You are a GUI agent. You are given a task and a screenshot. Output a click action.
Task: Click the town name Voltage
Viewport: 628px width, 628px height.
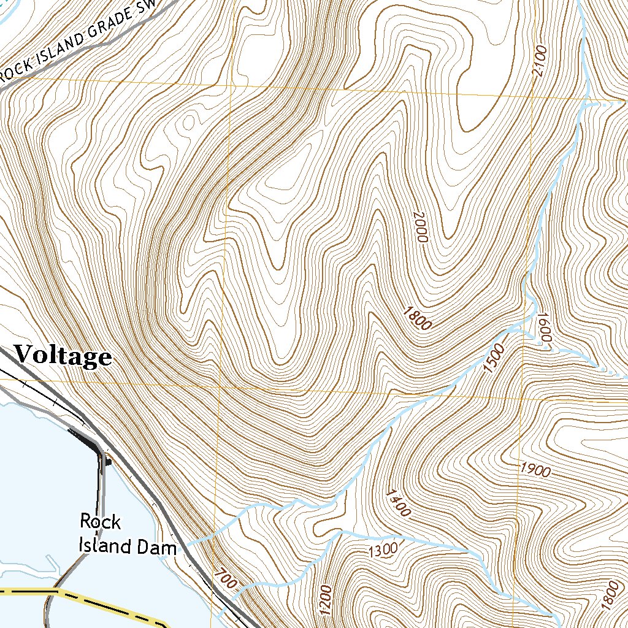click(x=63, y=356)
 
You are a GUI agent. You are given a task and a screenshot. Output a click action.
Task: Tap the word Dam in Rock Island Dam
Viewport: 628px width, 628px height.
click(x=159, y=546)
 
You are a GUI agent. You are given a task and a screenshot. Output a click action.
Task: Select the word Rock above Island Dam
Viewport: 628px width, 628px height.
click(x=101, y=523)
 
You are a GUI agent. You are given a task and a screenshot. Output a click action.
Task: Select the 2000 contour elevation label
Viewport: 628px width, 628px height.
click(x=419, y=227)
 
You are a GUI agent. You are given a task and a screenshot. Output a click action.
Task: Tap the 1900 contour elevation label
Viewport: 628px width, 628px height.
click(x=535, y=470)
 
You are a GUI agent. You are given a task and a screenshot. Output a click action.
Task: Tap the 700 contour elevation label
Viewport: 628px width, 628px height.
click(x=225, y=579)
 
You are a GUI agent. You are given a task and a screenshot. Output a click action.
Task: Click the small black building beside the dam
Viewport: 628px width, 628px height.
click(x=108, y=461)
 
